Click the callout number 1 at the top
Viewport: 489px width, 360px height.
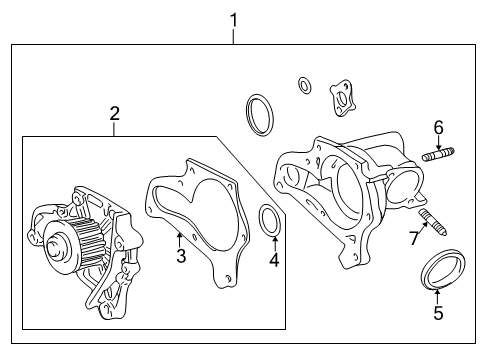click(233, 19)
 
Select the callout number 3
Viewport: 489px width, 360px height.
click(182, 257)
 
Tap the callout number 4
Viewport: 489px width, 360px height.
click(273, 263)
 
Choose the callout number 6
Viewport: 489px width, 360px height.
click(438, 127)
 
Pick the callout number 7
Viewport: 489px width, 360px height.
click(412, 237)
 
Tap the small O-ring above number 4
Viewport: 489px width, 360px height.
click(269, 219)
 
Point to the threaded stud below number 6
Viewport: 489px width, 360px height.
click(437, 155)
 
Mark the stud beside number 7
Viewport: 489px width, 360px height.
click(427, 217)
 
